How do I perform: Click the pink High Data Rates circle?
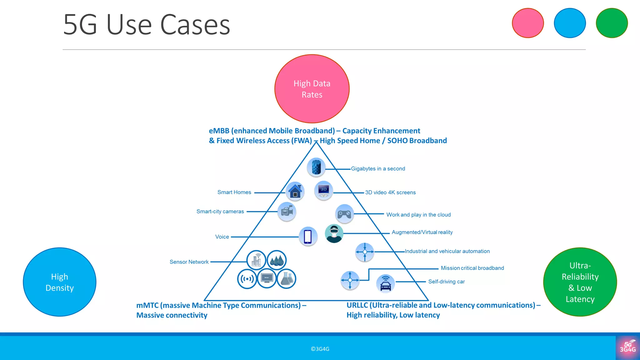coord(312,89)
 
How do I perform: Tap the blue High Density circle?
coord(59,282)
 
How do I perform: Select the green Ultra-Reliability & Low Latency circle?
coord(580,282)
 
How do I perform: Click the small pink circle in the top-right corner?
coord(528,23)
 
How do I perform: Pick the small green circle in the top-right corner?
coord(612,23)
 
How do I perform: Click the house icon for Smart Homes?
coord(295,191)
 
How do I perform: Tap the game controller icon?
coord(344,214)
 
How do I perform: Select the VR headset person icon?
coord(334,233)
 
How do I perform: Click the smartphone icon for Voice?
coord(308,236)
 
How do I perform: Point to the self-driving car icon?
coord(386,283)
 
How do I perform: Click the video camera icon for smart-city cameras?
coord(287,212)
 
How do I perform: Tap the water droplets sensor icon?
coord(277,260)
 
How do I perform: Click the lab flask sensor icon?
coord(286,278)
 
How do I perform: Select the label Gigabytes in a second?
coord(378,169)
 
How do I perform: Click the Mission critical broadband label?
coord(472,268)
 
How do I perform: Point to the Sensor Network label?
coord(189,262)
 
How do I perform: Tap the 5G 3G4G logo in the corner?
coord(627,347)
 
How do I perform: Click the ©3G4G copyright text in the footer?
coord(320,349)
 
